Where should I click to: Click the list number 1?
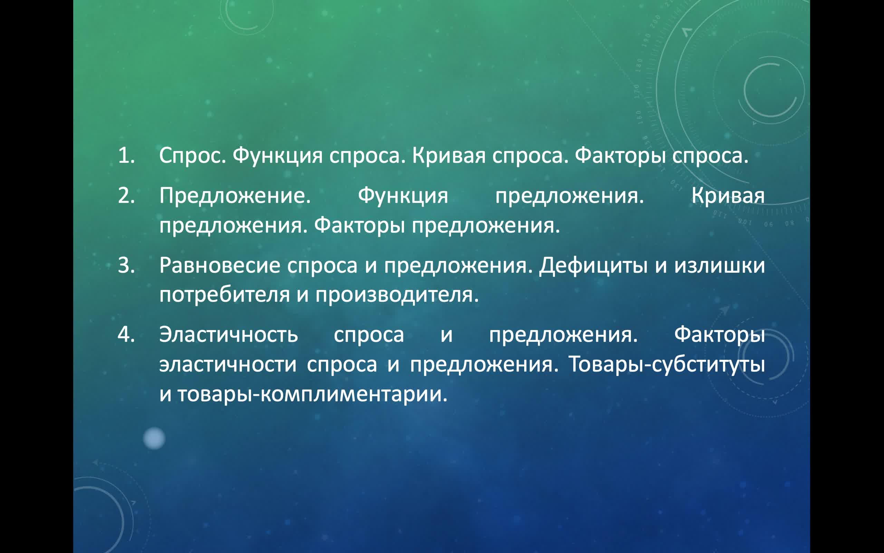[126, 156]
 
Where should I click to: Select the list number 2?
[126, 196]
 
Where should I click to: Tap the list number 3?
[126, 265]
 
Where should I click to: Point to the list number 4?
[126, 334]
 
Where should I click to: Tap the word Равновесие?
[220, 265]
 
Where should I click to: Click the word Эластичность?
[228, 335]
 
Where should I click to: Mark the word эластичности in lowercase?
[228, 365]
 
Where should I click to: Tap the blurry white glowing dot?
[154, 438]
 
